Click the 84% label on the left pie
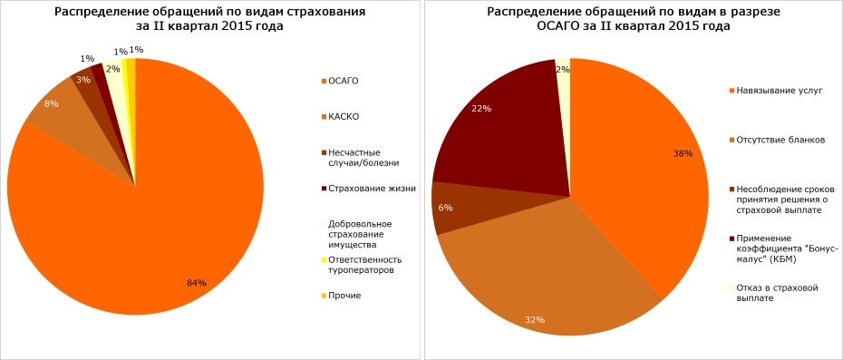point(197,283)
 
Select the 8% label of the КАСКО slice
point(52,103)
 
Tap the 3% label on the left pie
point(82,80)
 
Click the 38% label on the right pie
point(683,154)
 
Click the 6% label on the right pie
point(445,208)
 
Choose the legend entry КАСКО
point(345,117)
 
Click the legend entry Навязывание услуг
point(779,92)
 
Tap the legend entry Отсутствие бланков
point(780,140)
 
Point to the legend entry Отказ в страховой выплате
point(777,293)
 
